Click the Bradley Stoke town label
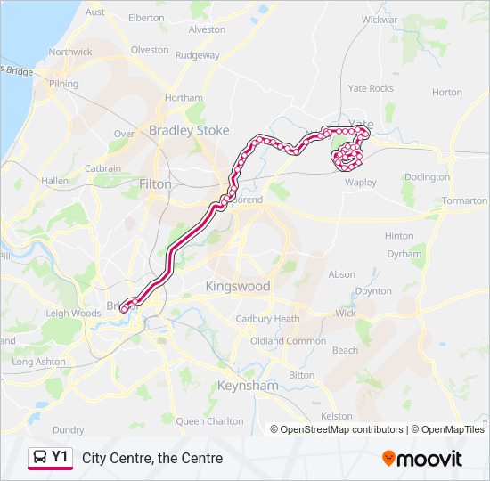(189, 130)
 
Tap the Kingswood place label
(237, 287)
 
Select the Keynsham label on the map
(248, 387)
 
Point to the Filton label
(156, 183)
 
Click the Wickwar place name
(380, 19)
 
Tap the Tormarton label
(464, 201)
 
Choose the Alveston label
(208, 29)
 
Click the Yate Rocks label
(370, 89)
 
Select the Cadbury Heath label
(267, 320)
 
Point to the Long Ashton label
(39, 363)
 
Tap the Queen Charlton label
(209, 421)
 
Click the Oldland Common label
(288, 341)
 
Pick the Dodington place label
(427, 177)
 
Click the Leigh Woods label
(73, 314)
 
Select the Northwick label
(70, 52)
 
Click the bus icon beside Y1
(40, 458)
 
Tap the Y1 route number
(60, 457)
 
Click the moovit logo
(422, 459)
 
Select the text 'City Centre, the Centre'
(152, 459)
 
